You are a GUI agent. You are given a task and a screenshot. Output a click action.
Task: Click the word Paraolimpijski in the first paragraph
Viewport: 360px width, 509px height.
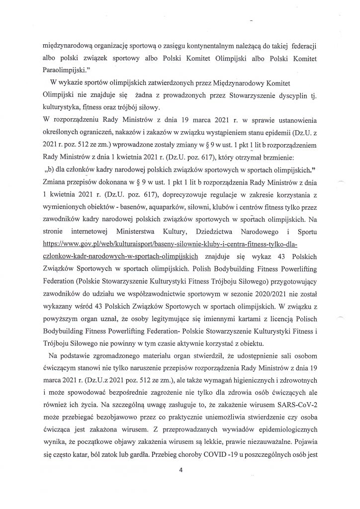click(x=61, y=71)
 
